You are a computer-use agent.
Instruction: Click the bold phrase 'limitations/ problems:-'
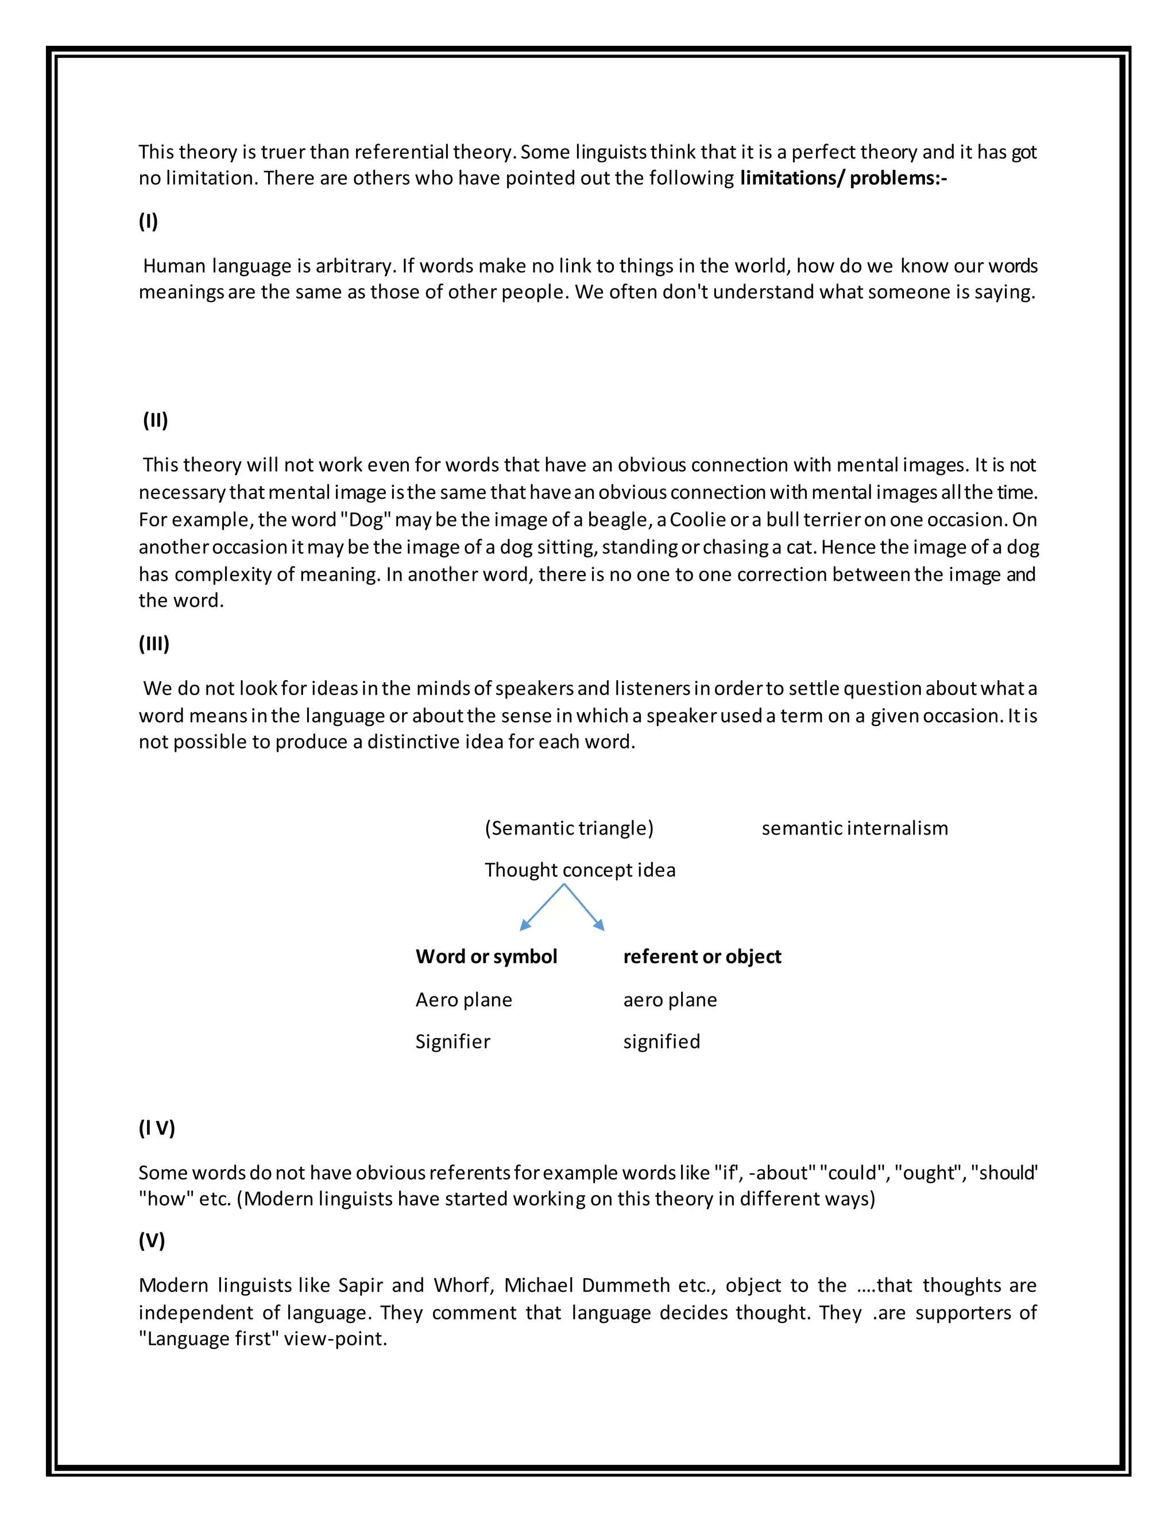coord(843,179)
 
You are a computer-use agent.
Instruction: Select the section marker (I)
coord(148,222)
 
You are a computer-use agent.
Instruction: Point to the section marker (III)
coord(154,643)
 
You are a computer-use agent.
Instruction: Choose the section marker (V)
coord(152,1240)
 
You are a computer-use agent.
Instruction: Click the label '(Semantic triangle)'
coord(569,828)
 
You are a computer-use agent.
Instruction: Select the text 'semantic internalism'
coord(855,828)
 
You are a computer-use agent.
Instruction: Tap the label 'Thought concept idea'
coord(579,870)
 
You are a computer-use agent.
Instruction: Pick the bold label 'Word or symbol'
coord(486,956)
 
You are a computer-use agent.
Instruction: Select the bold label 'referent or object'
coord(702,956)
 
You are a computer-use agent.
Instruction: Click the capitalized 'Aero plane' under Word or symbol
coord(464,1000)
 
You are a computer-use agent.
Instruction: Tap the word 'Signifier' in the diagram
coord(453,1042)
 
